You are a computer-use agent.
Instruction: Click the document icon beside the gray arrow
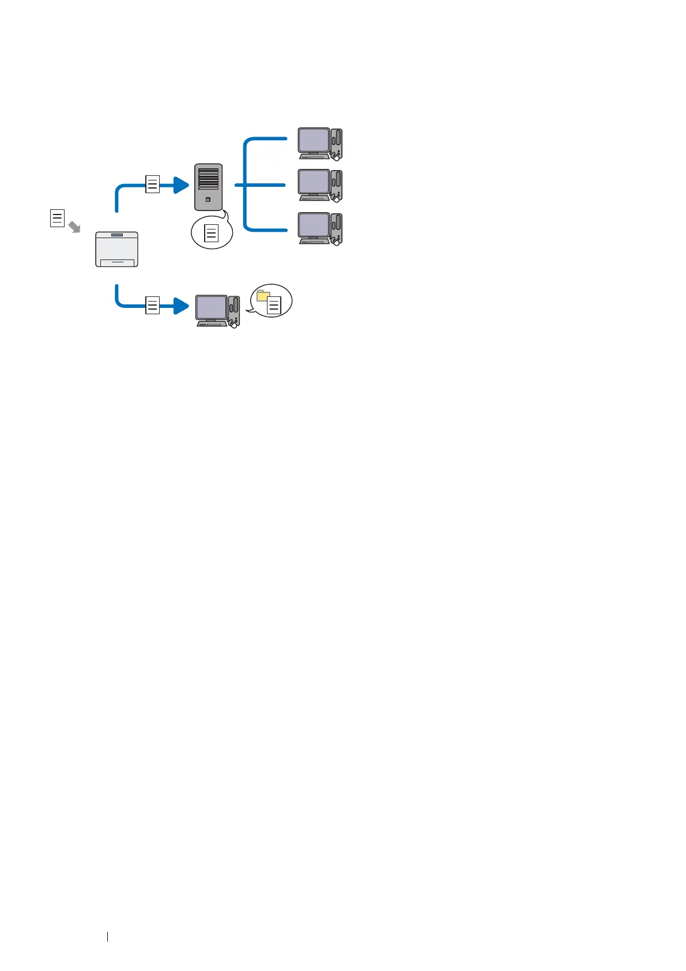[x=57, y=219]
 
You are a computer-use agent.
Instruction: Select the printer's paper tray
[x=117, y=262]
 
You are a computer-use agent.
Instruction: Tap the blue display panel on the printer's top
[x=117, y=235]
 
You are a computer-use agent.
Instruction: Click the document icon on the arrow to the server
[x=152, y=185]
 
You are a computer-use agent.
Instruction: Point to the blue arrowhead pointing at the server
[x=181, y=185]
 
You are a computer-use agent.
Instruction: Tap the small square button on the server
[x=208, y=200]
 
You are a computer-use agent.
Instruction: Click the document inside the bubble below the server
[x=212, y=233]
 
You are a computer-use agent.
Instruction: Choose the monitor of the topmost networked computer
[x=313, y=141]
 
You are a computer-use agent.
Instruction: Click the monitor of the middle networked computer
[x=313, y=183]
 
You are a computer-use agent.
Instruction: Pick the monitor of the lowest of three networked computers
[x=313, y=226]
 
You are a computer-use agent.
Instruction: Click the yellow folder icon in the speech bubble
[x=263, y=296]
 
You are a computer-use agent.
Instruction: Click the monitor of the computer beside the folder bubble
[x=211, y=308]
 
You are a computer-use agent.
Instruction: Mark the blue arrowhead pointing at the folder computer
[x=181, y=306]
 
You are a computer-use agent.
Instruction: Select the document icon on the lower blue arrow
[x=152, y=305]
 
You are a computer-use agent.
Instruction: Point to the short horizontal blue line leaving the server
[x=240, y=185]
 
